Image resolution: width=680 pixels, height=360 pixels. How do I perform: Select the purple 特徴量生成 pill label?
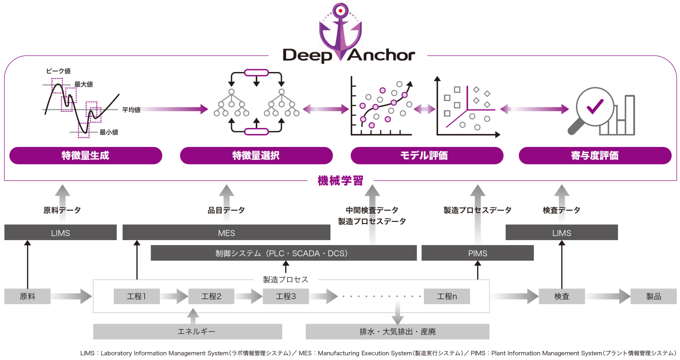point(86,156)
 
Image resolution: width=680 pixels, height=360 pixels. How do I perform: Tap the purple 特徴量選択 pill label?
point(256,156)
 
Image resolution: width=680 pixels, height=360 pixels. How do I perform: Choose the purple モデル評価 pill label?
point(427,156)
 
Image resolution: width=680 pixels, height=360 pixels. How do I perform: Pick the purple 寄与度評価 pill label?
point(595,156)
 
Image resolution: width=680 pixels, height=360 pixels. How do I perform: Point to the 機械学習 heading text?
point(340,181)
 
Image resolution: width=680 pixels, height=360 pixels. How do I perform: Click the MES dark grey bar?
point(226,233)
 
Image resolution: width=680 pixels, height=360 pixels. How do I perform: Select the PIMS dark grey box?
point(477,253)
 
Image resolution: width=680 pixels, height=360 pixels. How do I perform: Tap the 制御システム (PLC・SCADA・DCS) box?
point(283,253)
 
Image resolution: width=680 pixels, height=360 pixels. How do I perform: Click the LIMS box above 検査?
point(562,233)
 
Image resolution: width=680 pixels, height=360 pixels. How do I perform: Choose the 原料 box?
point(27,296)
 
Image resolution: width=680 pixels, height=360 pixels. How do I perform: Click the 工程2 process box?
point(211,296)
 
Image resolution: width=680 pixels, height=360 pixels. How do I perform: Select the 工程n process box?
point(447,296)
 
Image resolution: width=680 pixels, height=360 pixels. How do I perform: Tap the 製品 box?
point(653,296)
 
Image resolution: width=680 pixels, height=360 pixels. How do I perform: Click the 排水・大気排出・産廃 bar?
point(397,331)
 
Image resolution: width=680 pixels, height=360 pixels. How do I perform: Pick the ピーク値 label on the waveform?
point(58,71)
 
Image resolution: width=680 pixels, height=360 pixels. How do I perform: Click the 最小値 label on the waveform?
point(109,132)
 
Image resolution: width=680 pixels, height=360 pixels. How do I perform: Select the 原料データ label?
point(62,210)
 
